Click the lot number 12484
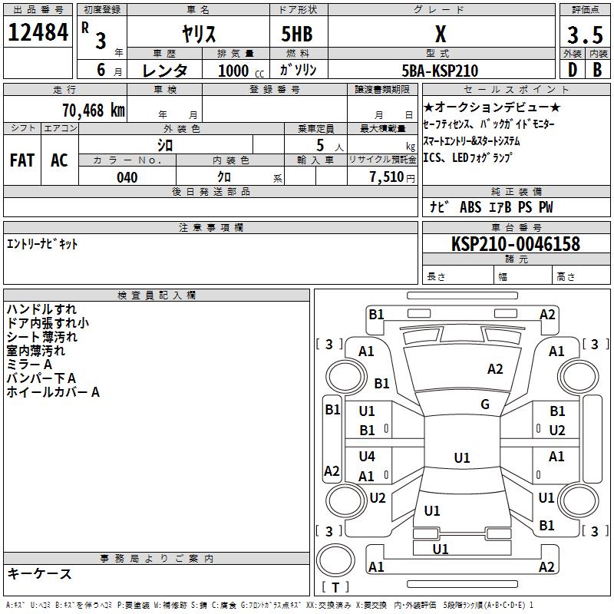click(38, 32)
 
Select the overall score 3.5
click(585, 35)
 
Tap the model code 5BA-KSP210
click(440, 71)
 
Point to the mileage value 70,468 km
click(94, 110)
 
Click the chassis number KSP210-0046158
click(516, 243)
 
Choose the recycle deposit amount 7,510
click(387, 177)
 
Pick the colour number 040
click(127, 177)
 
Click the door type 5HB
click(297, 34)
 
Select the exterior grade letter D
click(572, 70)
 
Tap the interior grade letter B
click(597, 70)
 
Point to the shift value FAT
click(22, 160)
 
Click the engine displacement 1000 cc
click(241, 71)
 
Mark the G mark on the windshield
click(485, 404)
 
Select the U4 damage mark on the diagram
click(367, 456)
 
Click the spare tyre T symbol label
click(335, 587)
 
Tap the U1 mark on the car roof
click(462, 457)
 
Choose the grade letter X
click(441, 34)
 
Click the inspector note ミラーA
click(29, 365)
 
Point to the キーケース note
click(40, 574)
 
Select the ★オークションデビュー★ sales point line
click(492, 107)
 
